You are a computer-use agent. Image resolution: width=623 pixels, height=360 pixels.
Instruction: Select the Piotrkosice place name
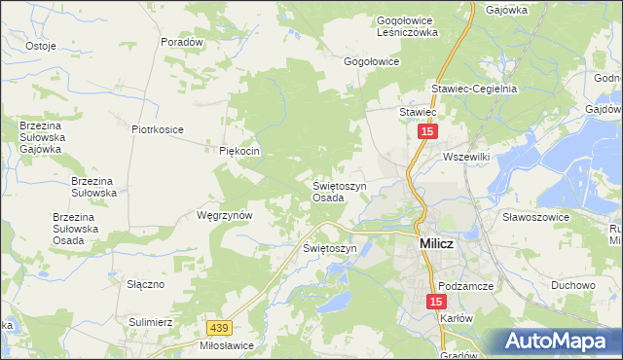(x=158, y=128)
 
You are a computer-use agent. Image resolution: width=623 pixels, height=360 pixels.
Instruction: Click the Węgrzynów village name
(x=225, y=215)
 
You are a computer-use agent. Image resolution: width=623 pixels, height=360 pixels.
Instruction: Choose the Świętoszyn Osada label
(x=339, y=191)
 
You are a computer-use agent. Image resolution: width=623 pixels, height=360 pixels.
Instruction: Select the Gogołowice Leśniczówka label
(x=408, y=25)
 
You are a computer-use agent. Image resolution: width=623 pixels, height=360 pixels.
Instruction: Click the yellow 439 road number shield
(x=221, y=330)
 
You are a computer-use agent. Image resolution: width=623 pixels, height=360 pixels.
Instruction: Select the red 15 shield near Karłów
(x=435, y=304)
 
